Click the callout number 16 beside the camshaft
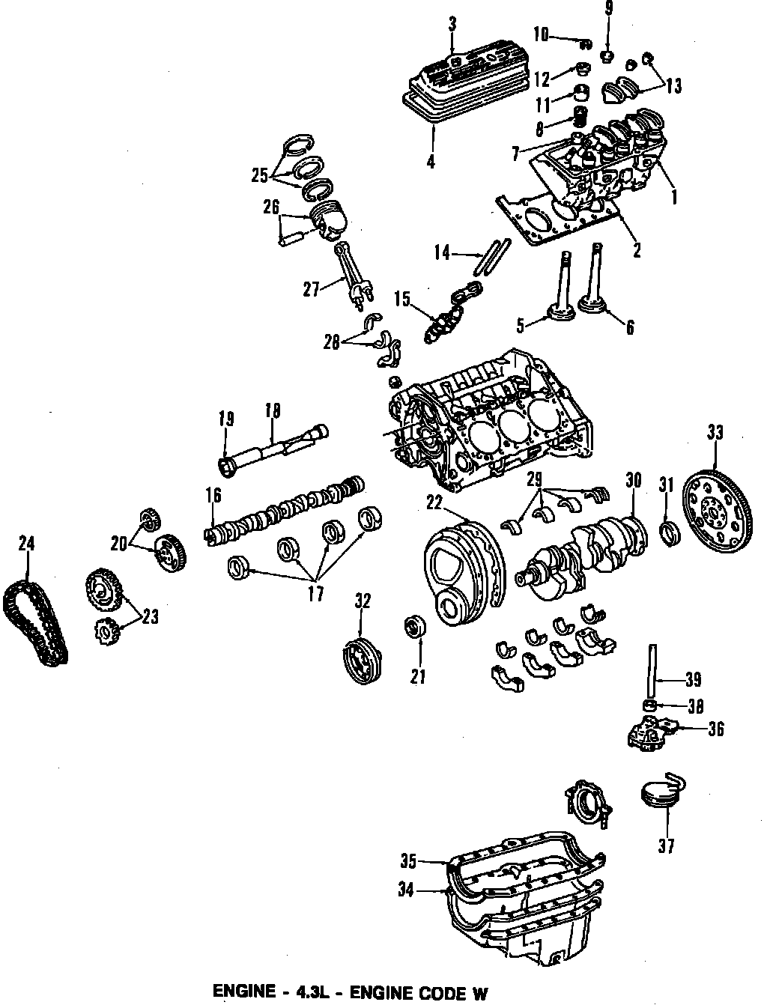[213, 495]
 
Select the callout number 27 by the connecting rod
[312, 288]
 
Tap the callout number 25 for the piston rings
[259, 175]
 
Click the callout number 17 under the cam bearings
[316, 593]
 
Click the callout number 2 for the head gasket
[637, 252]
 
